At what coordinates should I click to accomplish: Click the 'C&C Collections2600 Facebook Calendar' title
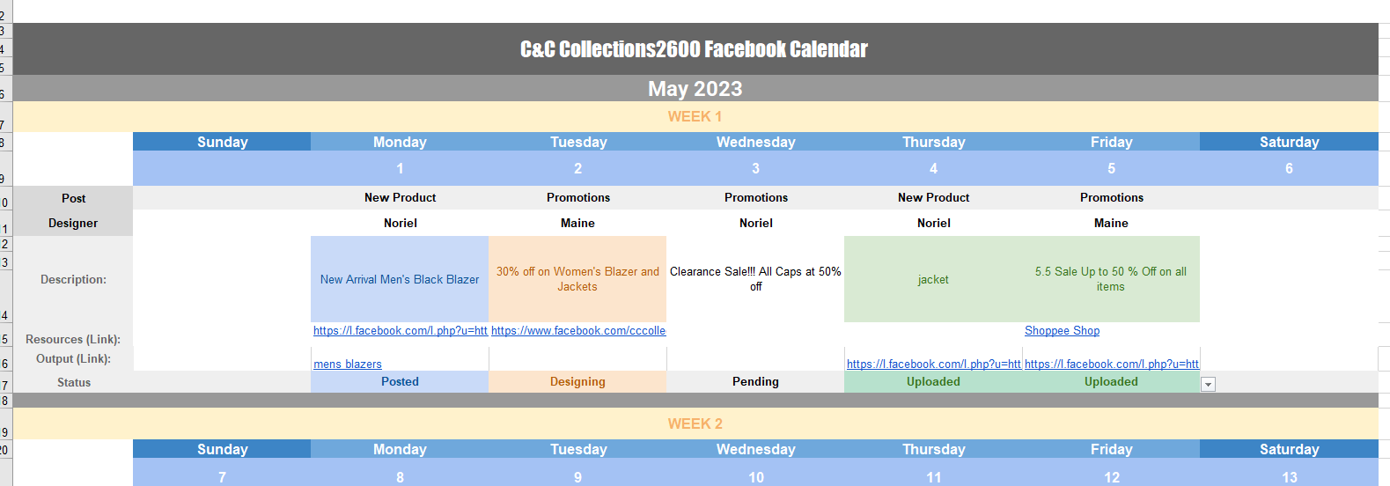694,49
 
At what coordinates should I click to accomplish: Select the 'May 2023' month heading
695,89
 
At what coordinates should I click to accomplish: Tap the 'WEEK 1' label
695,117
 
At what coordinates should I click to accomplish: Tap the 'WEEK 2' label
695,424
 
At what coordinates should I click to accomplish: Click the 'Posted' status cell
400,382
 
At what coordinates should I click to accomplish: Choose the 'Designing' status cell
577,382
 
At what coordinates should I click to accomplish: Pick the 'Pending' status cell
755,382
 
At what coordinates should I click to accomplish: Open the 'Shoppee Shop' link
1062,331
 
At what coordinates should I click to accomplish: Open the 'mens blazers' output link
348,364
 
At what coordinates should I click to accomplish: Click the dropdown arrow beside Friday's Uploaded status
1208,385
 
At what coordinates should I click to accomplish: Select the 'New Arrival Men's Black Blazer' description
400,279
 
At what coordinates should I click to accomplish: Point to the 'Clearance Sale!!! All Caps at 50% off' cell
755,279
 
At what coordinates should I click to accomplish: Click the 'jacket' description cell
933,279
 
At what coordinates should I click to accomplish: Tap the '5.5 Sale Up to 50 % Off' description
1111,279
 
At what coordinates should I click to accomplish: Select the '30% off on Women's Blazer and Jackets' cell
577,279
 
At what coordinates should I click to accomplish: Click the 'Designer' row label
73,224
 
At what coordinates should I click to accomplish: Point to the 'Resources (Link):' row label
73,340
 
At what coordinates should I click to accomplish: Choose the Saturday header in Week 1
1289,142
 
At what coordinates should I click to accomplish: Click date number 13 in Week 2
1290,477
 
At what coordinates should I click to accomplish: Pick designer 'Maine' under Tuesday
577,224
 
